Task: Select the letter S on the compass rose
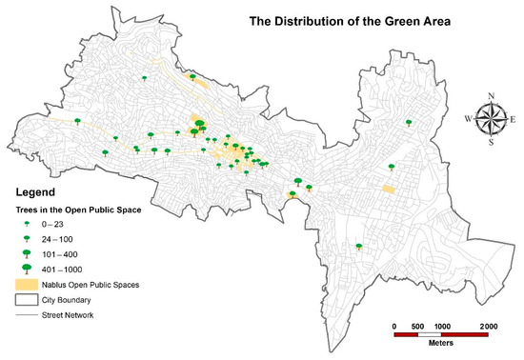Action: tap(491, 143)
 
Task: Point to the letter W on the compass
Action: tap(469, 119)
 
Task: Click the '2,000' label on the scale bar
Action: tap(488, 326)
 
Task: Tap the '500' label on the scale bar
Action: tap(418, 326)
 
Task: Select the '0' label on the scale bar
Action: tap(394, 326)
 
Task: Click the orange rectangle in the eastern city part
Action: tap(388, 189)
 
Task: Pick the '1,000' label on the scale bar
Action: tap(442, 326)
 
